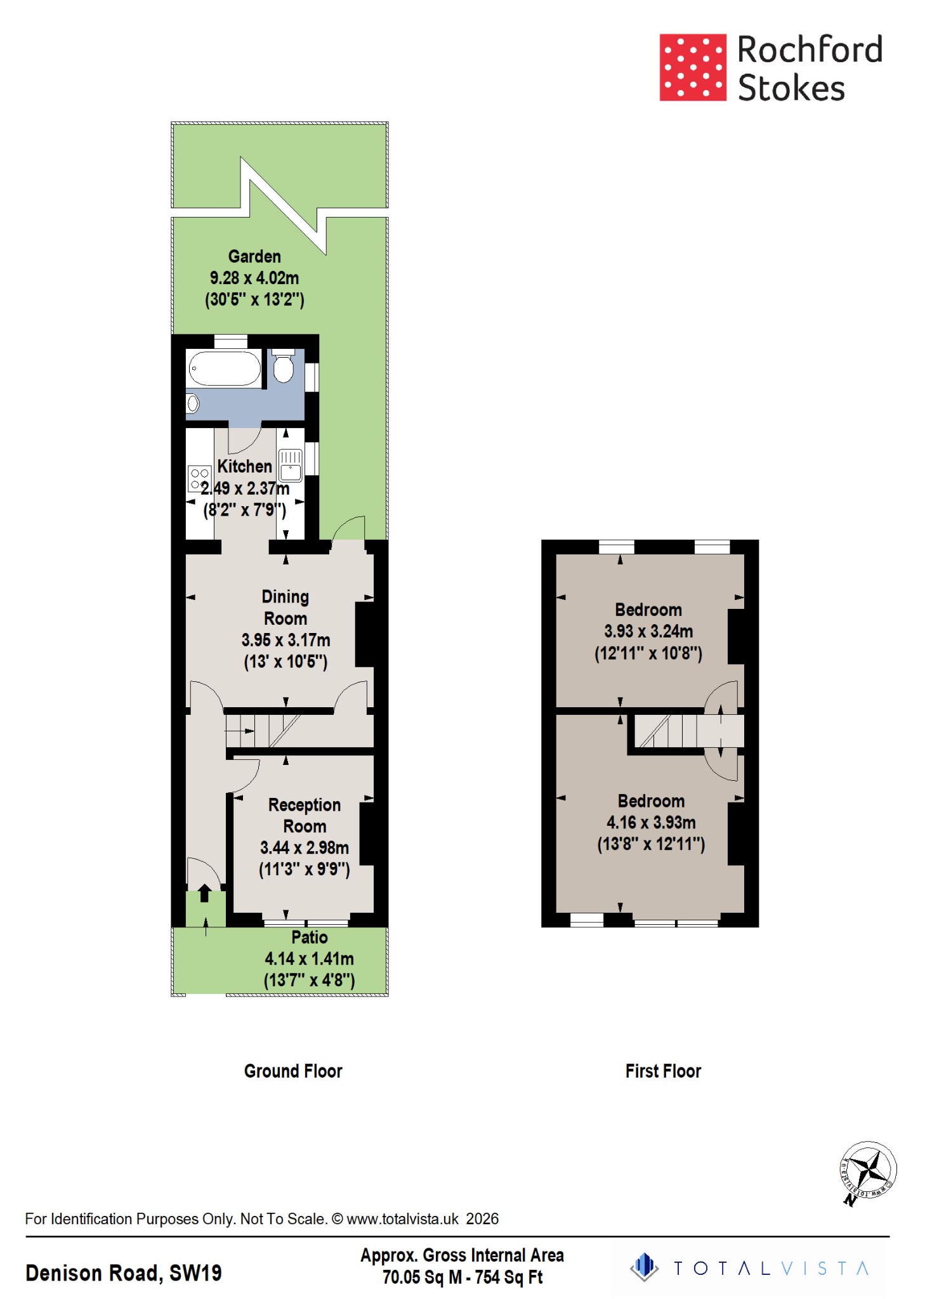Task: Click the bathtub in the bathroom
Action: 225,369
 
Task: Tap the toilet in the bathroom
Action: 283,367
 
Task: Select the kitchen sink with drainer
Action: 290,465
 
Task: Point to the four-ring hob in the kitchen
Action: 199,478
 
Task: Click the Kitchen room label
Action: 244,466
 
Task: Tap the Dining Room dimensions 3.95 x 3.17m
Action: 285,640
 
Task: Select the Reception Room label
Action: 305,815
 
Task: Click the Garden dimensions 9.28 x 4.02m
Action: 254,278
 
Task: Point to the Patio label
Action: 310,937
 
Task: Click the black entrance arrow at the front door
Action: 204,894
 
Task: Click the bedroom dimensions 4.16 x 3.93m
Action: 651,823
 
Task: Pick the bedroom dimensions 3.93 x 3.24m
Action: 648,631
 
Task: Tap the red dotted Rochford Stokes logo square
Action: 692,67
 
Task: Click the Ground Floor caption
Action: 293,1071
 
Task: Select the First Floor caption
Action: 663,1071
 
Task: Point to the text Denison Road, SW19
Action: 124,1273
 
